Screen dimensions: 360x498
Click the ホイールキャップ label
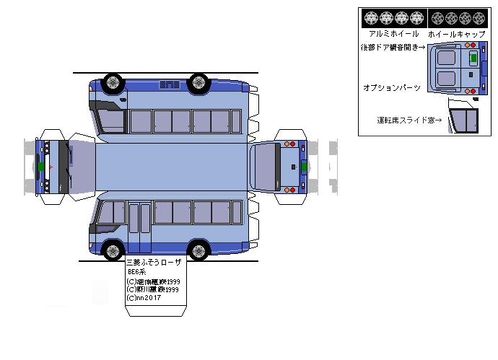pos(456,34)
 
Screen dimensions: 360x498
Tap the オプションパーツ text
pos(391,87)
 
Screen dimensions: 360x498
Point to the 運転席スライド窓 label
pos(409,120)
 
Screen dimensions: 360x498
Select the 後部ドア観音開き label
pos(393,48)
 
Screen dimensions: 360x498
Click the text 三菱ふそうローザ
pos(154,263)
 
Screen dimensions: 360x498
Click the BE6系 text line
pos(136,272)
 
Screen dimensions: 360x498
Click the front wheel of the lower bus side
pos(113,251)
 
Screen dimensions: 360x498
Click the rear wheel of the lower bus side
pos(198,251)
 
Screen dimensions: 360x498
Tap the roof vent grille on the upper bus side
pos(170,85)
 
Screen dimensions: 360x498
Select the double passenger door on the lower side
pos(140,218)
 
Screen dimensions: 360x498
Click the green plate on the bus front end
pos(41,167)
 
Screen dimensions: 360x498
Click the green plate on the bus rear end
pos(304,167)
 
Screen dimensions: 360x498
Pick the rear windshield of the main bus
pos(266,166)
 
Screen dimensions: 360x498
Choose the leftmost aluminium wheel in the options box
pos(371,18)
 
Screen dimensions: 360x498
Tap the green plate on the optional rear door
pos(473,56)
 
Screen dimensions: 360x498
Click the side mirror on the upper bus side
pos(123,98)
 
